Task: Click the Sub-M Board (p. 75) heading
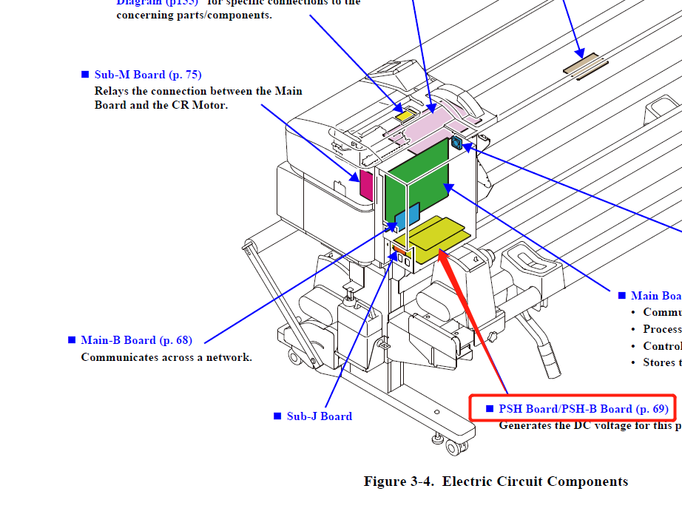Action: (147, 75)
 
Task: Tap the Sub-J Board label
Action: (319, 416)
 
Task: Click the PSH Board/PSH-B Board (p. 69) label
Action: (584, 409)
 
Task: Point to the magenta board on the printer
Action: (365, 184)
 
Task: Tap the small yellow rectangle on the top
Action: (405, 116)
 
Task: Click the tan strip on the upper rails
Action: (585, 64)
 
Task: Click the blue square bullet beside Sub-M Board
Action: (84, 74)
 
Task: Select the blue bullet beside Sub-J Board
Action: (277, 416)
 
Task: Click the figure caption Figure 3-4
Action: (496, 482)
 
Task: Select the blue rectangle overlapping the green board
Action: (408, 216)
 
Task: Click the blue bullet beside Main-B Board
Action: (72, 340)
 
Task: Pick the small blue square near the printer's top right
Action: (456, 143)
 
